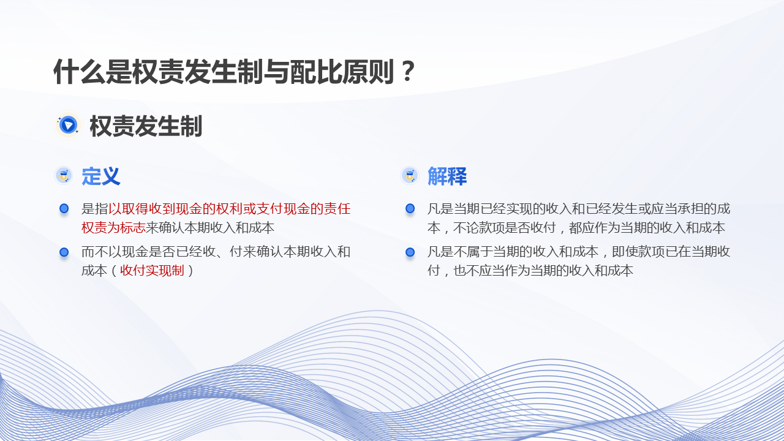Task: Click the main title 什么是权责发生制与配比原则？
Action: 235,72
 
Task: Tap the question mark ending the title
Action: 408,72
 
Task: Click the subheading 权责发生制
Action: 146,126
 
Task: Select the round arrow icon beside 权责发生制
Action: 68,126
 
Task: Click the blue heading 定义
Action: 101,176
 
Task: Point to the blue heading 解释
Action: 447,176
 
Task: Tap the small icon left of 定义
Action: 63,175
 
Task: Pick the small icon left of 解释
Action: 410,175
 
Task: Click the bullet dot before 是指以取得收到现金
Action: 64,209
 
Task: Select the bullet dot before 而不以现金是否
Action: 64,252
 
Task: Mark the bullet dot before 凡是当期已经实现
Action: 410,209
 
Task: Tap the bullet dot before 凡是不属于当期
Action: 410,252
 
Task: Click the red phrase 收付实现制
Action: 152,271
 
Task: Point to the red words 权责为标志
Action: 113,228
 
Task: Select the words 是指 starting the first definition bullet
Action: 94,209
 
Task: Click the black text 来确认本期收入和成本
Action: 210,228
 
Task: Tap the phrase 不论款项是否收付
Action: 504,228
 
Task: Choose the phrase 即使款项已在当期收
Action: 671,252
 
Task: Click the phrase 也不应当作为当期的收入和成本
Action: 543,271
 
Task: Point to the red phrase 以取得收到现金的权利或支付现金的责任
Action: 229,209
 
